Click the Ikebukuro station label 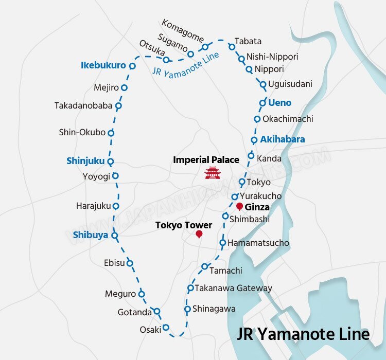coord(103,65)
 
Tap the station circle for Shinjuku coord(110,161)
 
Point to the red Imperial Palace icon coord(212,173)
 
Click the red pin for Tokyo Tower coord(199,235)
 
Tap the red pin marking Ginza coord(239,206)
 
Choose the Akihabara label coord(282,139)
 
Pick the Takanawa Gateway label coord(233,288)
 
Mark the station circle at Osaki coord(166,328)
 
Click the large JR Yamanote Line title coord(303,334)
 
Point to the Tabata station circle coord(232,47)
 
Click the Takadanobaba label coord(83,106)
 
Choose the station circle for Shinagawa coord(188,309)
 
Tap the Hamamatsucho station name coord(258,243)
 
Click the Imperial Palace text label coord(206,160)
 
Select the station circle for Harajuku coord(116,206)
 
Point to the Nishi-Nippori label coord(272,57)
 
